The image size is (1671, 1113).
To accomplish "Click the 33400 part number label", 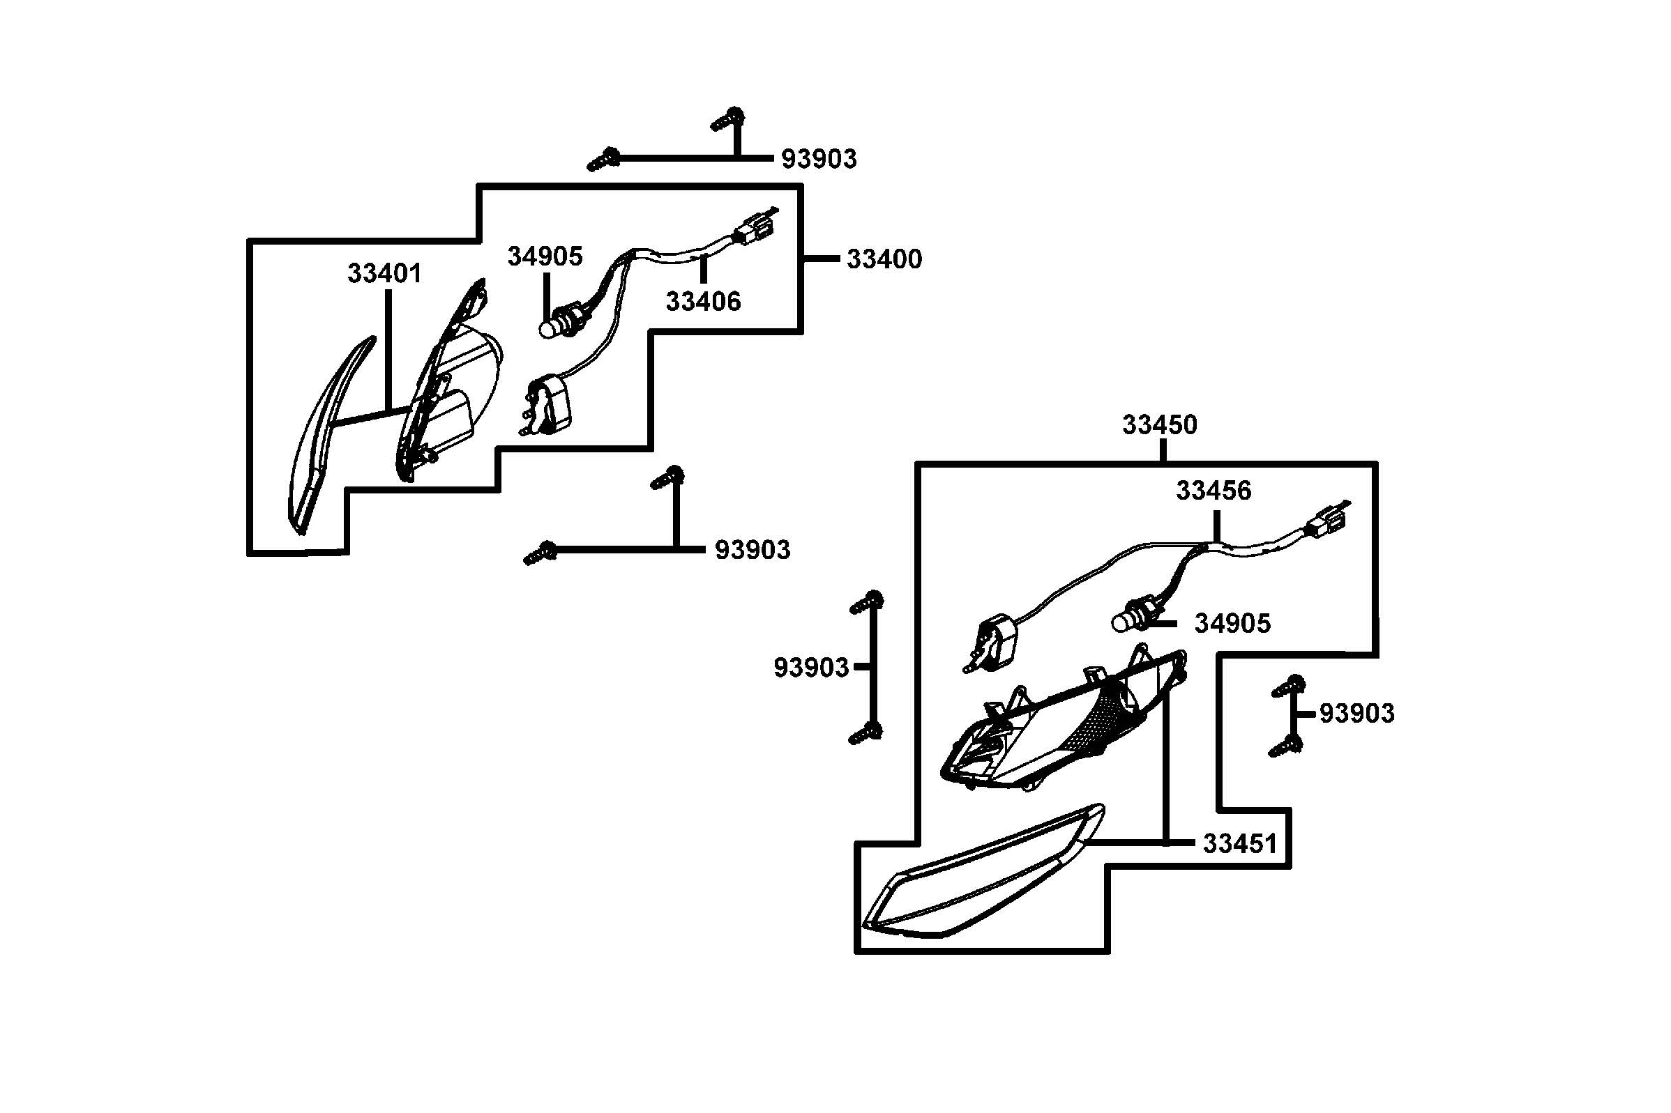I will [x=884, y=259].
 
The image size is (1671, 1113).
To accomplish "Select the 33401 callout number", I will [x=384, y=273].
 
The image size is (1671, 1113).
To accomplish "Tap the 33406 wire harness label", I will [x=703, y=302].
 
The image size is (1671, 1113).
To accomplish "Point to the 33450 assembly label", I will [x=1159, y=424].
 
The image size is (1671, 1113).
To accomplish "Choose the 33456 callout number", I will [x=1213, y=491].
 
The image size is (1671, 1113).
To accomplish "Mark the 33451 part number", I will [x=1239, y=843].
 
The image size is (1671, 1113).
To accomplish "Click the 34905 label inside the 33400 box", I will [x=545, y=256].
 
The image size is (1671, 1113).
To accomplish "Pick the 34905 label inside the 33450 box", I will [x=1232, y=623].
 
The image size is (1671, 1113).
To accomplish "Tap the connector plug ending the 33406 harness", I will [x=753, y=229].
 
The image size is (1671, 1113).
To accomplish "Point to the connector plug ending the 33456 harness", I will [x=1325, y=526].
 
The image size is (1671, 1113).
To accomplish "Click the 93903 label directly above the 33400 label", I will [x=819, y=159].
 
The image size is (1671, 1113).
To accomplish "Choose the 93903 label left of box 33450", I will [x=811, y=667].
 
